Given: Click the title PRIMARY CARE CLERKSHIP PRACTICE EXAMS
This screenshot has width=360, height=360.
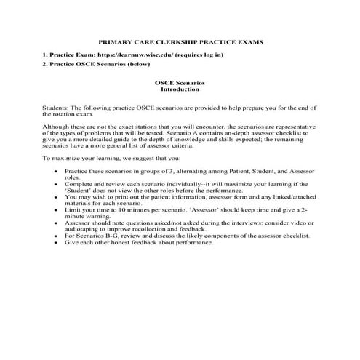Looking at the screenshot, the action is pos(180,42).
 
